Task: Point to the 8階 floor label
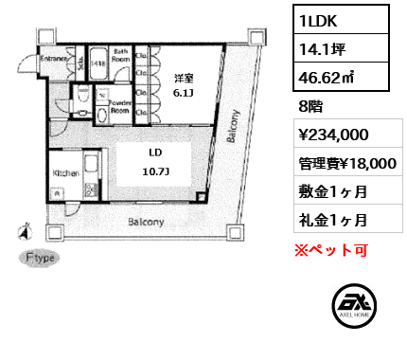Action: click(x=309, y=106)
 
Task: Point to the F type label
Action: click(x=42, y=258)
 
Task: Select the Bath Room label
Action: click(x=121, y=53)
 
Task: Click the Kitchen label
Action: click(x=65, y=173)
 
